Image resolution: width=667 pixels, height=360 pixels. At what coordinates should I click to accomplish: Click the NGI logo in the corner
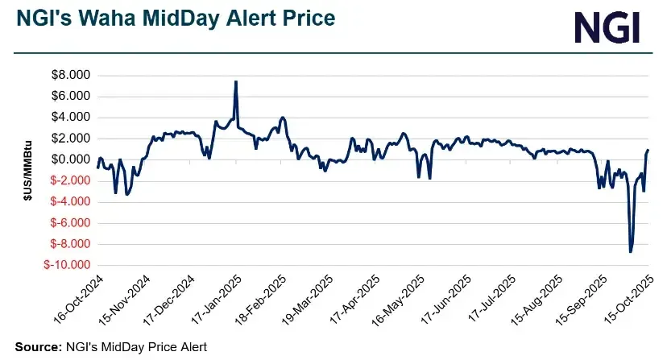[x=607, y=27]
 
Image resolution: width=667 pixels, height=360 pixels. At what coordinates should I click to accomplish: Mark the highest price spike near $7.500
[x=235, y=81]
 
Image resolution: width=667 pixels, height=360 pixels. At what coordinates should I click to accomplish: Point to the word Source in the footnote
[x=36, y=346]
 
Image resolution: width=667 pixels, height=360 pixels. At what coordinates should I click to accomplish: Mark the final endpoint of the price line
[x=649, y=150]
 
